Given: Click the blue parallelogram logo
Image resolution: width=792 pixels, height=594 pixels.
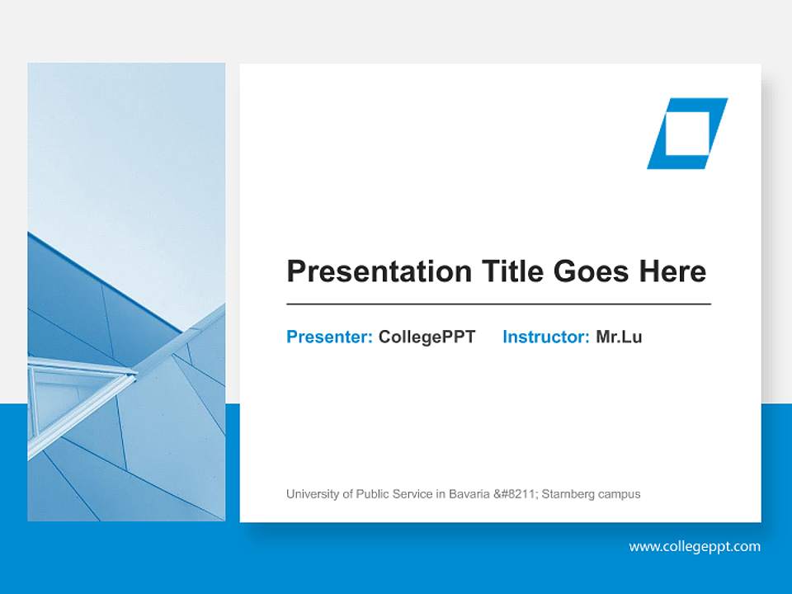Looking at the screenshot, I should [687, 134].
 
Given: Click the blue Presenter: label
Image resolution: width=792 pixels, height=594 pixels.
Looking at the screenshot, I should [329, 337].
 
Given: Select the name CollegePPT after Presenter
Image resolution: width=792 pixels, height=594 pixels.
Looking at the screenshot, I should [427, 337].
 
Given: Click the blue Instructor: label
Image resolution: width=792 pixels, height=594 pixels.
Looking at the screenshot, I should [545, 337].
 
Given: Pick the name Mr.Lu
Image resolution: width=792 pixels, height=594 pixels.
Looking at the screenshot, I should [618, 337].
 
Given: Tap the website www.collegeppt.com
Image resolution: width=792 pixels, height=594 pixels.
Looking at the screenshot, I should [695, 546].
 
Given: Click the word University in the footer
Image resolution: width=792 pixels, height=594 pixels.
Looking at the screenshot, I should [312, 494].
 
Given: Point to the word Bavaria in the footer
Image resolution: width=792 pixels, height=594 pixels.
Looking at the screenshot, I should [469, 494].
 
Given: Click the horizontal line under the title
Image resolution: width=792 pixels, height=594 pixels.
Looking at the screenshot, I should [498, 304].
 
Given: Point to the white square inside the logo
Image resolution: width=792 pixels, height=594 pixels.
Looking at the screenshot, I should [688, 134].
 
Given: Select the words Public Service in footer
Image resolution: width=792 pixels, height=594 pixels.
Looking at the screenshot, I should [387, 494].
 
